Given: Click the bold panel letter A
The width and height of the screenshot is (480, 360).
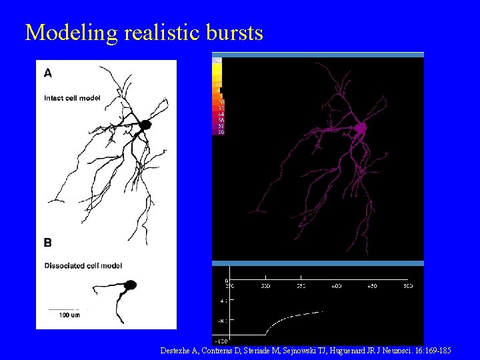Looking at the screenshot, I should pyautogui.click(x=48, y=73).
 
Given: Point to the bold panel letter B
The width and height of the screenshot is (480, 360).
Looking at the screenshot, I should pyautogui.click(x=48, y=243).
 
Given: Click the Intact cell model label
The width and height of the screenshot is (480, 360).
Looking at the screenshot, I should pyautogui.click(x=72, y=98).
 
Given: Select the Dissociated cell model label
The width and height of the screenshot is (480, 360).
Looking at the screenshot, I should pyautogui.click(x=83, y=265).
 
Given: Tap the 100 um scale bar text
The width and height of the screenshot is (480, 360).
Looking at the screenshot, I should pyautogui.click(x=69, y=315).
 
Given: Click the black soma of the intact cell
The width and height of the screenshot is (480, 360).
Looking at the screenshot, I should pyautogui.click(x=145, y=125).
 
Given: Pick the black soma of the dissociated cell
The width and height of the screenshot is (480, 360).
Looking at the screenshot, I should pyautogui.click(x=130, y=285).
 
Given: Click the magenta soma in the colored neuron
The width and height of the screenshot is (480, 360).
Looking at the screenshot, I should pyautogui.click(x=361, y=127).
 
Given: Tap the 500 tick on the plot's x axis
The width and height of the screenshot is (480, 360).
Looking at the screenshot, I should pyautogui.click(x=407, y=286).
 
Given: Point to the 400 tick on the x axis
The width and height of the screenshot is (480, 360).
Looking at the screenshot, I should pyautogui.click(x=336, y=286).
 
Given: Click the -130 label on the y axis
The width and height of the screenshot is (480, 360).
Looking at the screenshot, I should pyautogui.click(x=222, y=340).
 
